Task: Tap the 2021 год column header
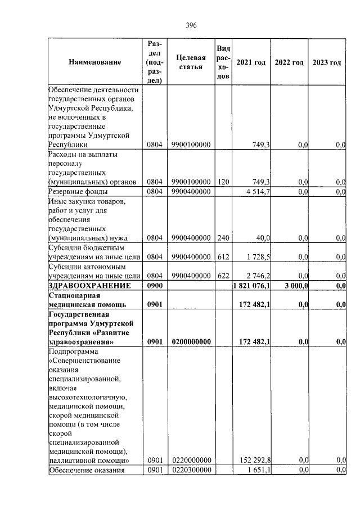tap(251, 62)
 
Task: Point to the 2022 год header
tap(289, 62)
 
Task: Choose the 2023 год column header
tap(327, 62)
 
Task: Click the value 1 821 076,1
tap(251, 286)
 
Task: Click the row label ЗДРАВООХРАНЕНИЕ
tap(90, 286)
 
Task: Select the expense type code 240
tap(223, 238)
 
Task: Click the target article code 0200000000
tap(191, 341)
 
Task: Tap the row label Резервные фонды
tap(74, 192)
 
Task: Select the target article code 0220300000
tap(191, 470)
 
